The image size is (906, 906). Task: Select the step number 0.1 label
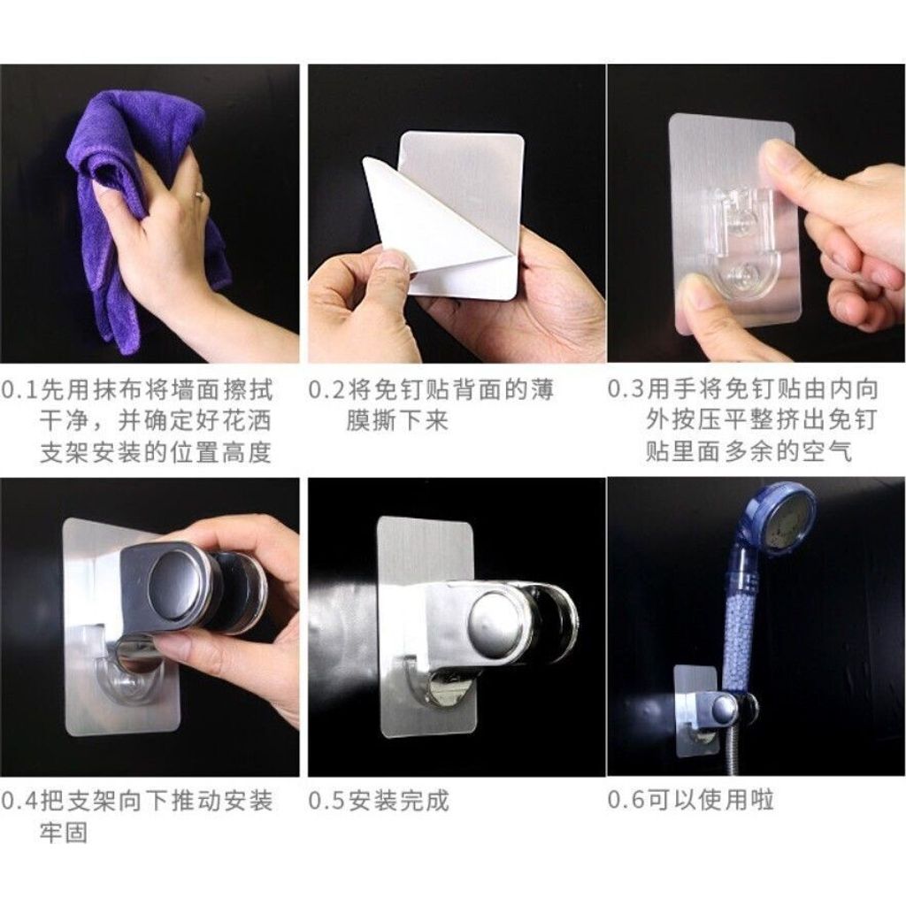pos(20,390)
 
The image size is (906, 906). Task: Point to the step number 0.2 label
pos(327,390)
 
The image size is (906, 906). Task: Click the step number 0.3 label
pos(626,389)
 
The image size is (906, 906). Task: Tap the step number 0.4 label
pos(20,801)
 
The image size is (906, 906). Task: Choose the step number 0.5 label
pos(327,801)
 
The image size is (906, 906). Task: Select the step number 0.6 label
pos(626,800)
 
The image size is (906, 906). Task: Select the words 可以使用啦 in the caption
pos(710,800)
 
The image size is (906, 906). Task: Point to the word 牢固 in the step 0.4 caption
pos(64,833)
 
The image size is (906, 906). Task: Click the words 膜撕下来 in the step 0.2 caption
pos(397,421)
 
